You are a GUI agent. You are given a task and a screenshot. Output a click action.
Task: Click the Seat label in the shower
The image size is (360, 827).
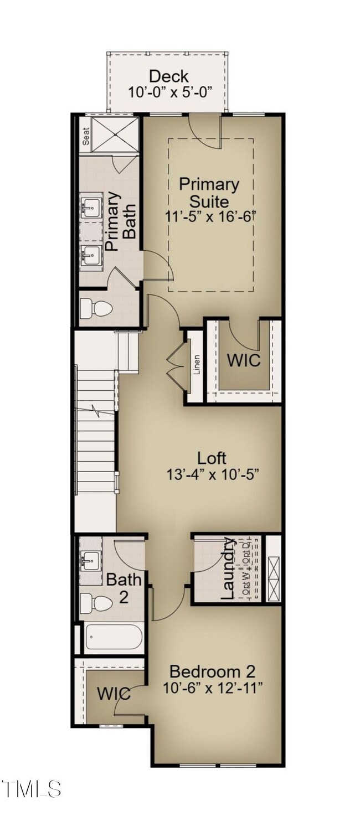point(86,136)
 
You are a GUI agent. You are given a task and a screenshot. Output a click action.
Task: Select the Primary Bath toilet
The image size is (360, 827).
point(89,308)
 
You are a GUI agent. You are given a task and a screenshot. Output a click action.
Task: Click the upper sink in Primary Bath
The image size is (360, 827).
point(91,208)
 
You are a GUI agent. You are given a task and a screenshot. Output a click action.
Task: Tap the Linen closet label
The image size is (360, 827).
point(196,365)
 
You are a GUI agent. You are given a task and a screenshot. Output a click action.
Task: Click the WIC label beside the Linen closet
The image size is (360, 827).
point(243,360)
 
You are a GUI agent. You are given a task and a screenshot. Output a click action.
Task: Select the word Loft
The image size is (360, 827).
point(212,458)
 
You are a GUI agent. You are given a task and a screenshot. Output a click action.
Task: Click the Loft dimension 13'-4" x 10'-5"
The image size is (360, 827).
point(213,474)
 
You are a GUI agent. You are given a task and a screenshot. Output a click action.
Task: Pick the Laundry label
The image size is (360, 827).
point(228,568)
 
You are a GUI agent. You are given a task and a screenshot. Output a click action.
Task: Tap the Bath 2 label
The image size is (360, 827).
point(124,588)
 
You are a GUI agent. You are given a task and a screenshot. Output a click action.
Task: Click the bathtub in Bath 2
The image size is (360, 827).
point(114,637)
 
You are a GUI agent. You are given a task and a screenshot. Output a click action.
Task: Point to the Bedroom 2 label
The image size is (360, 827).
point(213,672)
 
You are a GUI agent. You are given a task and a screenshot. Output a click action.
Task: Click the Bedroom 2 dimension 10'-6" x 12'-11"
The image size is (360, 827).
point(213,688)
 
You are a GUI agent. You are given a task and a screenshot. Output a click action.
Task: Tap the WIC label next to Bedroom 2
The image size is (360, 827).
point(114,693)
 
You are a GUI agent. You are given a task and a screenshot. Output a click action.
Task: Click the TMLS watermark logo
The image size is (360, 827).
point(31,789)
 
